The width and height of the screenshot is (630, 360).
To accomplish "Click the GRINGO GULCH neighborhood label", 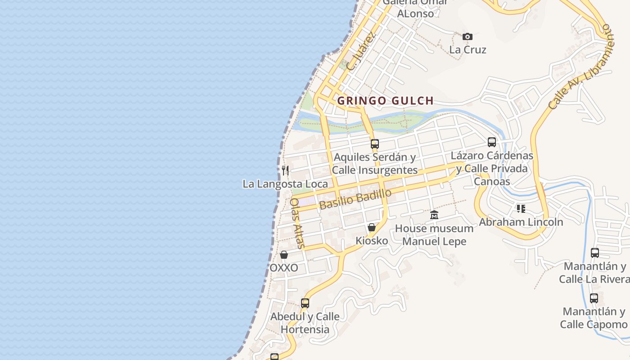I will tap(385, 101).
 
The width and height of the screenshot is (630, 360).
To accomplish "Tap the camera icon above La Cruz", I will tap(468, 36).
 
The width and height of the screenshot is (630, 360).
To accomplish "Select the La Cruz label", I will tap(468, 49).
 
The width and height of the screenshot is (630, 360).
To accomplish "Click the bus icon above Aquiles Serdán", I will tap(374, 144).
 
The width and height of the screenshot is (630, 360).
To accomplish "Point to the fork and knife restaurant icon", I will tap(285, 170).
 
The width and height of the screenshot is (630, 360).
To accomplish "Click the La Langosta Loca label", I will tap(285, 184).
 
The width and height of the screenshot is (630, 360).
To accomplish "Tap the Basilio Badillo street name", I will tap(355, 199).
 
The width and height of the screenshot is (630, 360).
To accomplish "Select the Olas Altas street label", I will tap(297, 223).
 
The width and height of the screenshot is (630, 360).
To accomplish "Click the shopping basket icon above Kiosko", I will tap(372, 227).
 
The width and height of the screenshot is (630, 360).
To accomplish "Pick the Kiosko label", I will tap(372, 241).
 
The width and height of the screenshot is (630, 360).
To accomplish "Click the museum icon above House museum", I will tap(434, 215).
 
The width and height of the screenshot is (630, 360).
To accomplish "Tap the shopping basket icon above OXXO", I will tap(284, 255).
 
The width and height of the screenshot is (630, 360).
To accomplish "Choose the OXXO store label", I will tap(283, 268).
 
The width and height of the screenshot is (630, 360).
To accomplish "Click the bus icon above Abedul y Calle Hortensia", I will tap(305, 303).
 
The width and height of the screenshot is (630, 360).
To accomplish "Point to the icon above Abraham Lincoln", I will tap(521, 208).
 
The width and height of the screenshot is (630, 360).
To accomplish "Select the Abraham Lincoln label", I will tap(521, 222).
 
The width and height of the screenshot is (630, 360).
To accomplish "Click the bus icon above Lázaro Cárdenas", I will tap(492, 142).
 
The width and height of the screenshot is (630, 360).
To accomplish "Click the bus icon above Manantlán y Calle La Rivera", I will tap(594, 252).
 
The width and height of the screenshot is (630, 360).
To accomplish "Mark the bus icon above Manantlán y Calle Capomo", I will tap(594, 298).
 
